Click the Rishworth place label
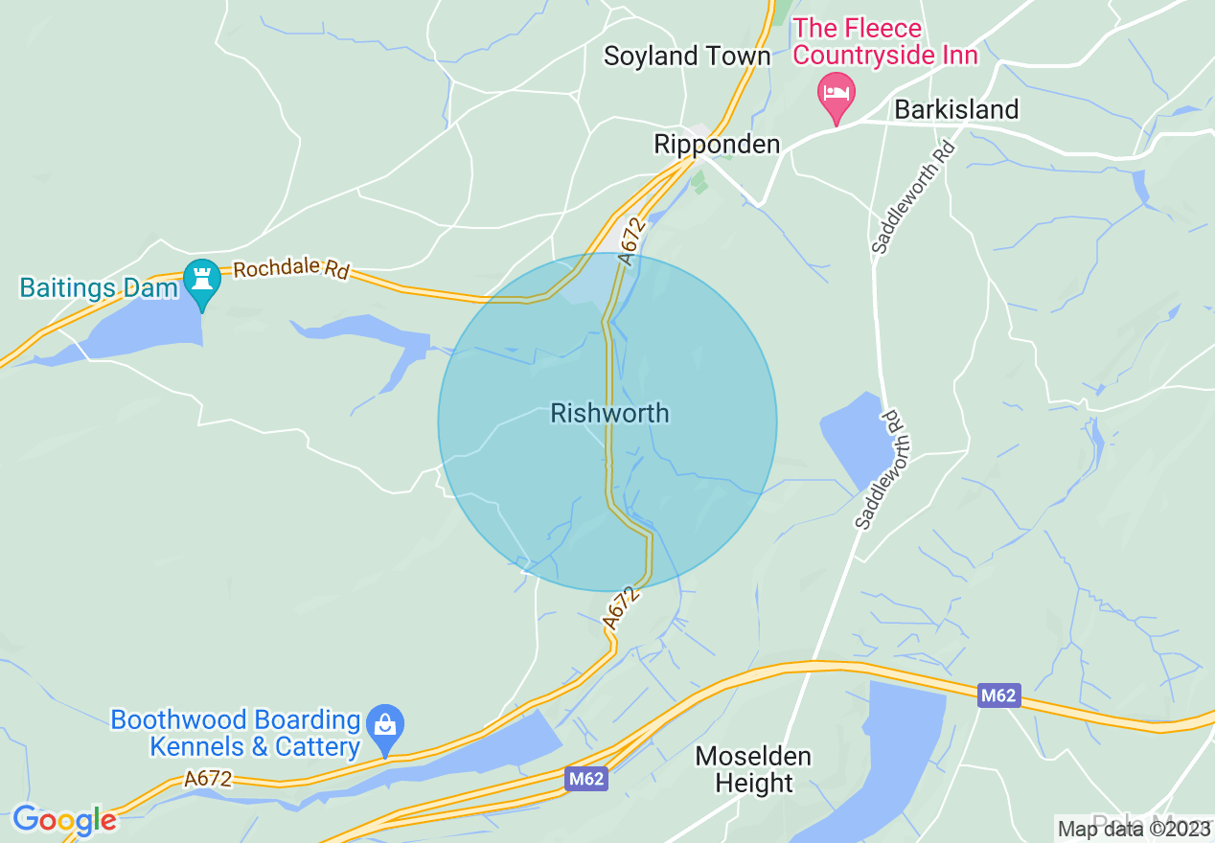point(609,414)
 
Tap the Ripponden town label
point(717,145)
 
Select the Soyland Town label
point(687,57)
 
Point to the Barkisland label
point(955,110)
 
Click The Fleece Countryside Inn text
point(885,42)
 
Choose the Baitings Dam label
point(100,288)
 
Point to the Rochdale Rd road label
point(291,269)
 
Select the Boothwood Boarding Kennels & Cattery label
point(236,733)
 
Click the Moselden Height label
point(753,769)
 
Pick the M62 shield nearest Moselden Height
point(585,779)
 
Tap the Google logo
point(64,820)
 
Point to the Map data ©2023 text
point(1135,829)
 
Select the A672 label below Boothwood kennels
point(208,780)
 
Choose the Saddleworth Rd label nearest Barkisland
point(914,197)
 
